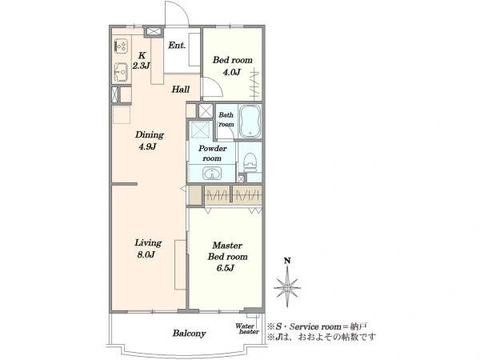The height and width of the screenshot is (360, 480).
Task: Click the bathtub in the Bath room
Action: pyautogui.click(x=250, y=122)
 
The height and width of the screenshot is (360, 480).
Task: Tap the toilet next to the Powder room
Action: pyautogui.click(x=250, y=163)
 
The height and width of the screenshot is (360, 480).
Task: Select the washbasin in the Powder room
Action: pyautogui.click(x=212, y=174)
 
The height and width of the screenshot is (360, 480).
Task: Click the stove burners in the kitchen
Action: pyautogui.click(x=121, y=46)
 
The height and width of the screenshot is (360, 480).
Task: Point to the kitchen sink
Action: pyautogui.click(x=122, y=72)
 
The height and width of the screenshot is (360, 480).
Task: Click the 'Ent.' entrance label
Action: pyautogui.click(x=177, y=46)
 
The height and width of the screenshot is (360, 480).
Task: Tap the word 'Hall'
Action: pyautogui.click(x=180, y=90)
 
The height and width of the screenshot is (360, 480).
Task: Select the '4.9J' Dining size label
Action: pyautogui.click(x=147, y=146)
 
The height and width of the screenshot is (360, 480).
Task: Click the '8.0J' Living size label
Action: pyautogui.click(x=146, y=254)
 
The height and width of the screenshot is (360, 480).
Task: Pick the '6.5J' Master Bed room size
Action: pyautogui.click(x=226, y=268)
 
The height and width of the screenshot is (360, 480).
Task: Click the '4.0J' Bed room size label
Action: pyautogui.click(x=231, y=72)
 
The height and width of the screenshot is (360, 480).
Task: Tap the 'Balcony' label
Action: pyautogui.click(x=189, y=333)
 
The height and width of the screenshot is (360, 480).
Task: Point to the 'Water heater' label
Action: pyautogui.click(x=247, y=329)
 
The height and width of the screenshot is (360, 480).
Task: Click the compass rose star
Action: pyautogui.click(x=287, y=287)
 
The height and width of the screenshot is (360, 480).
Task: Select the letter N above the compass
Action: pyautogui.click(x=287, y=261)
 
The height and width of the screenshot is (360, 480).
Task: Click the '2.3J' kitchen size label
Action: pyautogui.click(x=141, y=66)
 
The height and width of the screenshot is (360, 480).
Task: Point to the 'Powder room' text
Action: pyautogui.click(x=213, y=154)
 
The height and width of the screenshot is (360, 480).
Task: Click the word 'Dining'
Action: pyautogui.click(x=150, y=135)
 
